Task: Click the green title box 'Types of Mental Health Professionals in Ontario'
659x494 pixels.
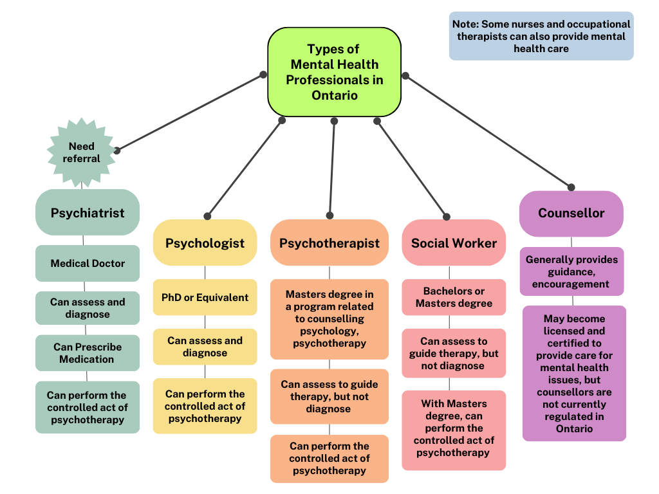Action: [334, 72]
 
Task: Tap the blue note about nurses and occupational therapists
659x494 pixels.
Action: [541, 36]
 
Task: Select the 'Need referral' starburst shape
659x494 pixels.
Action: [81, 152]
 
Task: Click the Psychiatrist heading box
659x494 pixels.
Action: [88, 212]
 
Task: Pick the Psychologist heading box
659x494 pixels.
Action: [205, 243]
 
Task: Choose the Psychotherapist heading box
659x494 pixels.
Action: [329, 243]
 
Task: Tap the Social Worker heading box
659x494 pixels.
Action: [454, 243]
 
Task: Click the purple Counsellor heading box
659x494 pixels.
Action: [571, 213]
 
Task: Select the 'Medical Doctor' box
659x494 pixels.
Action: [88, 263]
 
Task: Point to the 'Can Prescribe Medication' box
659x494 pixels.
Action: [88, 352]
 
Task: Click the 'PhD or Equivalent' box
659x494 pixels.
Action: [205, 297]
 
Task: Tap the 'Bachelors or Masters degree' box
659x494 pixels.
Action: [454, 297]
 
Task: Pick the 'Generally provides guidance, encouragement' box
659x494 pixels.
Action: [571, 271]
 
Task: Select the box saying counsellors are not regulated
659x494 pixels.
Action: [574, 373]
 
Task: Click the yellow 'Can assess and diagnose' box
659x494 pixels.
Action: [205, 347]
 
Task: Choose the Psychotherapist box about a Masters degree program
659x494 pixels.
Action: [329, 318]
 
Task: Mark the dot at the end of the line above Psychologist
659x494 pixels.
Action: [207, 216]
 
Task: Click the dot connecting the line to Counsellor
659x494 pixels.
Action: [571, 187]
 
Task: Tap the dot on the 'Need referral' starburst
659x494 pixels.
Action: [116, 151]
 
